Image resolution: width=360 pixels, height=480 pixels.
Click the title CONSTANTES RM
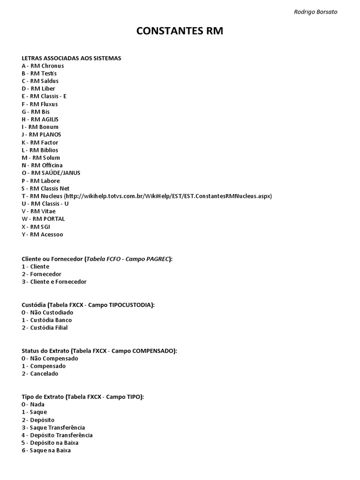pos(180,31)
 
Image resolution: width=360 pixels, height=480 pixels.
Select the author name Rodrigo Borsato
pos(315,12)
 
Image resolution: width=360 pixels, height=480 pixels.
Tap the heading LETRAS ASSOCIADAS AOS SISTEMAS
pos(71,58)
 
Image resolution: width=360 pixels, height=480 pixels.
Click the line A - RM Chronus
pos(43,66)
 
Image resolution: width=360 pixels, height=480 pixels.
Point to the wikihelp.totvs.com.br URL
pos(168,196)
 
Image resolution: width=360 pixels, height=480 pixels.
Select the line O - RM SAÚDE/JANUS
pos(51,173)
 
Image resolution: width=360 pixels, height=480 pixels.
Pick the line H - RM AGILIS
pos(40,120)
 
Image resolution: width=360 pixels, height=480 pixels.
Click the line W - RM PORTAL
pos(43,219)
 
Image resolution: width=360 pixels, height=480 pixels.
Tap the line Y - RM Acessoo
pos(42,234)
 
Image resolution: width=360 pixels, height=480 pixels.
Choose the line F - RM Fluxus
pos(39,104)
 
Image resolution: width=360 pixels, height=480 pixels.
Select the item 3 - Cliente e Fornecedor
pos(54,282)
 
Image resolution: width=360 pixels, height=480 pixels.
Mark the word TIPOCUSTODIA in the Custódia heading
pos(130,305)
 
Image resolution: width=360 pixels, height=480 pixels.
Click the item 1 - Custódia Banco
pos(47,320)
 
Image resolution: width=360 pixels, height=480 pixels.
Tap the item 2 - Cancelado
pos(40,374)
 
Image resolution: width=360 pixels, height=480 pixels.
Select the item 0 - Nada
pos(33,404)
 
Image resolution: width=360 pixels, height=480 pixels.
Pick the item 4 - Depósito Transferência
pos(57,435)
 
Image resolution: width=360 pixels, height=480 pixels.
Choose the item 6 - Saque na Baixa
pos(46,450)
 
